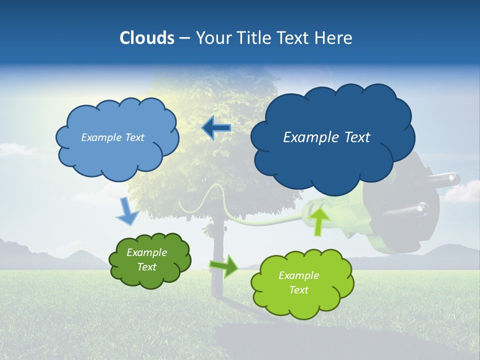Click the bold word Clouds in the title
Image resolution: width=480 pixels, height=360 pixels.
point(146,38)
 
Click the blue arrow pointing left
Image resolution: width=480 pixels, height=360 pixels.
point(216,128)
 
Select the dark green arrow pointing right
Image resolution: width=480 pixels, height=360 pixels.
point(224,266)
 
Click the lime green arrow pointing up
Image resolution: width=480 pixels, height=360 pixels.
point(319,222)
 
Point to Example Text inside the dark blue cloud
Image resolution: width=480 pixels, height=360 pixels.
point(326,137)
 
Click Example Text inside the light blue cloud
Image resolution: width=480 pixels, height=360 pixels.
point(112,137)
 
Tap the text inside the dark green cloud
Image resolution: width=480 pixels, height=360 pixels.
point(146,259)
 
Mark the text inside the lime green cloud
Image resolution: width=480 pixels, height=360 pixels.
point(298,282)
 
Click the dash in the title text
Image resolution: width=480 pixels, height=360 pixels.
point(184,38)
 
